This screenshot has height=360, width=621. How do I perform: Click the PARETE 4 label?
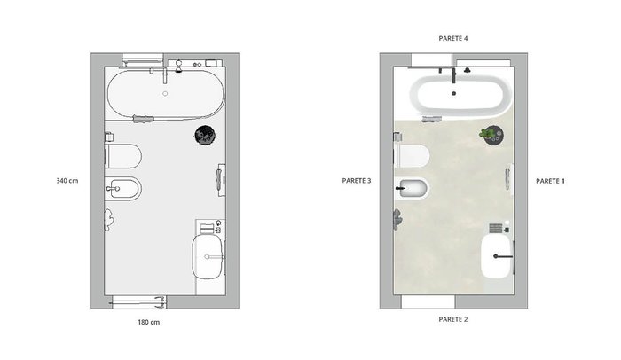pyautogui.click(x=453, y=38)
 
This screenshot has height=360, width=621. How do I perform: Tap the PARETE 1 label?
pyautogui.click(x=550, y=181)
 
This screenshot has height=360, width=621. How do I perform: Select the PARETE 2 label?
pyautogui.click(x=453, y=319)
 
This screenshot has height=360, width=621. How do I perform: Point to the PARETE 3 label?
pyautogui.click(x=357, y=181)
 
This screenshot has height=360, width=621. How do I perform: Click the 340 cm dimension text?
pyautogui.click(x=67, y=181)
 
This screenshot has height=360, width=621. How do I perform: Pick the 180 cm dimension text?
pyautogui.click(x=148, y=323)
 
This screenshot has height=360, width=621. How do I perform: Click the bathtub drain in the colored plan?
pyautogui.click(x=454, y=94)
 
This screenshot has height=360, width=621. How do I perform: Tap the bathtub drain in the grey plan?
pyautogui.click(x=165, y=94)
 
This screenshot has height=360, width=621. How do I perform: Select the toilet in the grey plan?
pyautogui.click(x=122, y=156)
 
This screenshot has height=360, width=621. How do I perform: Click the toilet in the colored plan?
pyautogui.click(x=412, y=156)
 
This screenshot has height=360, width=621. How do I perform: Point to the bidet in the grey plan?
pyautogui.click(x=123, y=189)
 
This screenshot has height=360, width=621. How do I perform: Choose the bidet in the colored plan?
pyautogui.click(x=413, y=189)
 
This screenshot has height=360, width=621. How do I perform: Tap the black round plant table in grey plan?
pyautogui.click(x=205, y=135)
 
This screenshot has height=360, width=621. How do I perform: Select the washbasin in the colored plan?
pyautogui.click(x=497, y=256)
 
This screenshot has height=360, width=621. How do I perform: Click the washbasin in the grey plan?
pyautogui.click(x=208, y=256)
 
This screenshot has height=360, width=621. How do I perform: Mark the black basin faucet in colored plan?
pyautogui.click(x=503, y=256)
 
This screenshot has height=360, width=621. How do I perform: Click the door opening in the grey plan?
pyautogui.click(x=138, y=302)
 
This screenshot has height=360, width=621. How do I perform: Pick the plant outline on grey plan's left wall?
pyautogui.click(x=109, y=220)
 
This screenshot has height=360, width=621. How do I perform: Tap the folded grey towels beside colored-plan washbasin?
pyautogui.click(x=495, y=229)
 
